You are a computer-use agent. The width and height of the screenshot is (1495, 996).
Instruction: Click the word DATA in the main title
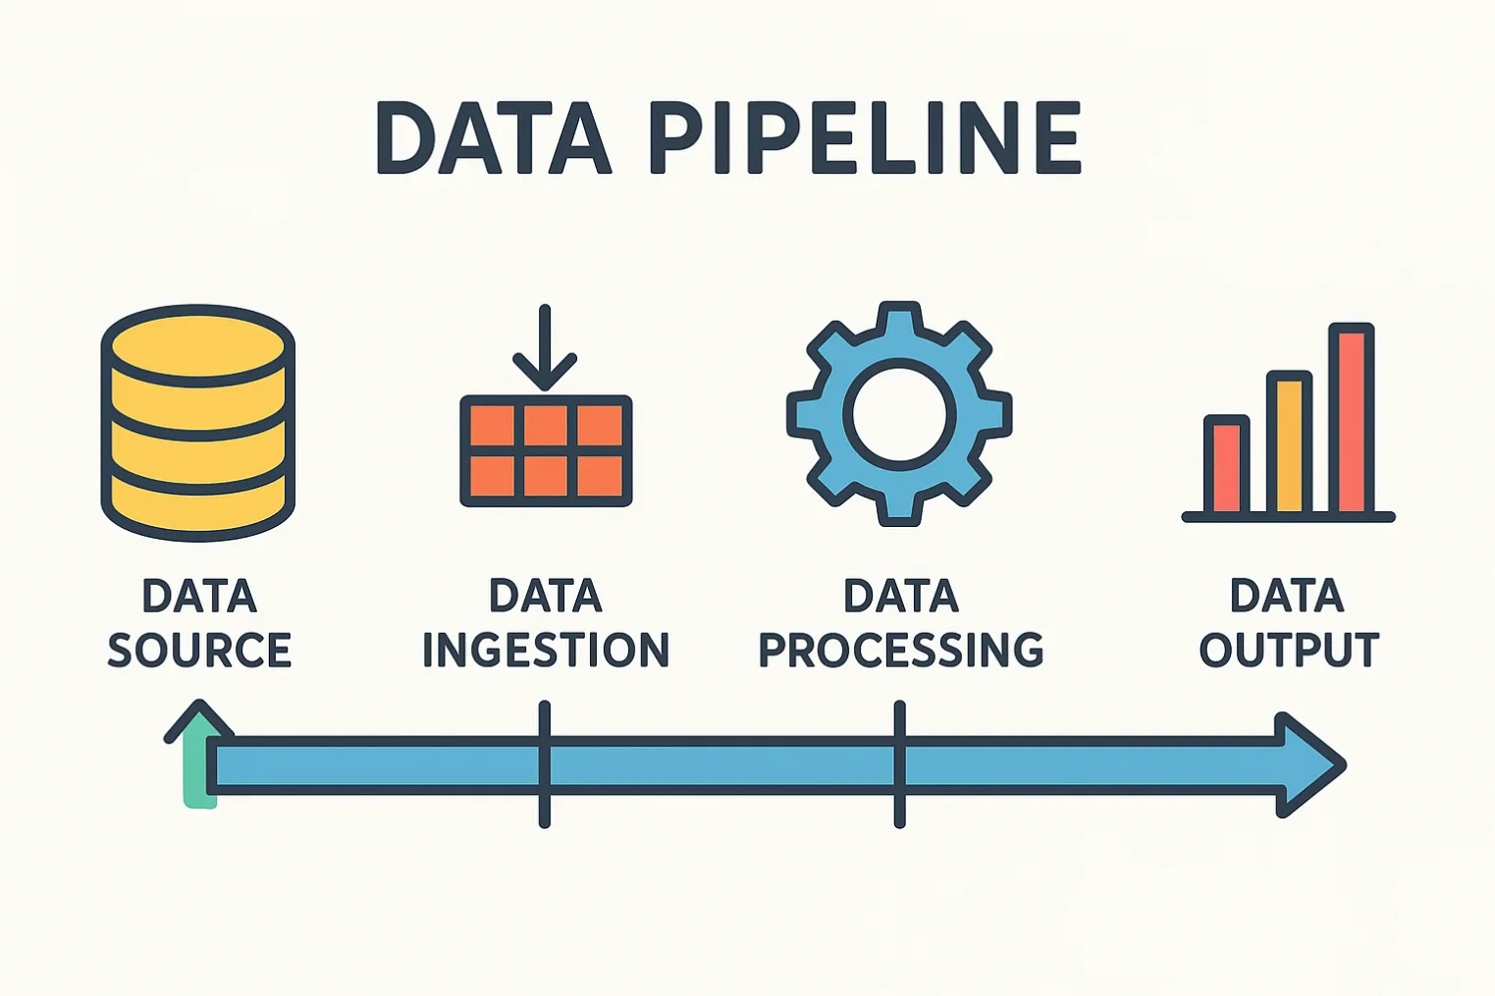[494, 138]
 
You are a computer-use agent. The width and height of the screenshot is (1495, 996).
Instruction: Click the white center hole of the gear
[899, 413]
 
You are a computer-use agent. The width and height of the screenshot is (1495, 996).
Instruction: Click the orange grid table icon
[546, 451]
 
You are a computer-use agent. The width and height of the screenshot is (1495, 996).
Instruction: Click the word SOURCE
[199, 651]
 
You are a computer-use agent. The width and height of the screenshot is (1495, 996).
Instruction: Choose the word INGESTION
[546, 651]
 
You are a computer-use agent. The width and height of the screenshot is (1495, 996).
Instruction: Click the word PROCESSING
[901, 651]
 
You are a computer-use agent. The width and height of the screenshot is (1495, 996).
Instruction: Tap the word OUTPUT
[1289, 651]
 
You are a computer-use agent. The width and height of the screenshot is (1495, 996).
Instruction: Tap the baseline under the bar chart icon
[1288, 517]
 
